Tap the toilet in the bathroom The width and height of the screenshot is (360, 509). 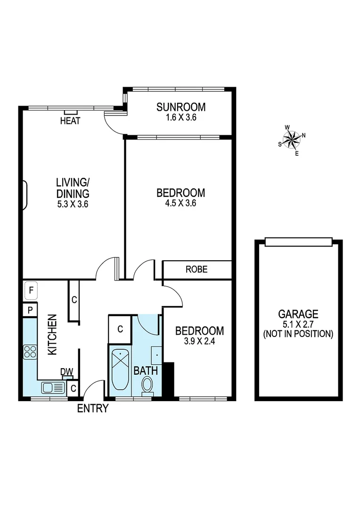point(148,385)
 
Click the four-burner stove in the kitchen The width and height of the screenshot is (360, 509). point(30,352)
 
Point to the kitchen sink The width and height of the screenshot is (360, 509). point(53,388)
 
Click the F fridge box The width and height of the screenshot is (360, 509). point(31,291)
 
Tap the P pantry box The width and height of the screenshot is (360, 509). point(30,310)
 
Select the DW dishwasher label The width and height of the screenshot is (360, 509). point(66,372)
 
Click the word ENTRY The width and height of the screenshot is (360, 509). point(93,409)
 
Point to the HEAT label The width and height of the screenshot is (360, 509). point(70,121)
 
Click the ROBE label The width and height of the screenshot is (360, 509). point(196,270)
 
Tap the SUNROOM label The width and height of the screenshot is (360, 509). point(181,107)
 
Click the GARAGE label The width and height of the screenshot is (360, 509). point(298,314)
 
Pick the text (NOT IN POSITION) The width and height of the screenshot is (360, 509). point(298,334)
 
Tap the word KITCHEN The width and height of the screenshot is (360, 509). point(52,335)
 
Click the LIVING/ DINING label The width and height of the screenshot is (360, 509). point(73,188)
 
